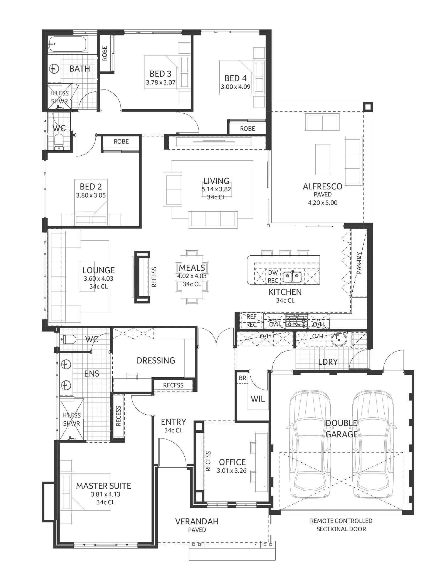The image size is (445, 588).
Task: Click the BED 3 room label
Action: [160, 74]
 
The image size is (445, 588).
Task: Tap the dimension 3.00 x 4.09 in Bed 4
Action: [236, 86]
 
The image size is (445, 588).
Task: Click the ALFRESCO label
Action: [322, 186]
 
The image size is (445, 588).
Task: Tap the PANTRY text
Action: [359, 263]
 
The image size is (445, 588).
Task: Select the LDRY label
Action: [328, 362]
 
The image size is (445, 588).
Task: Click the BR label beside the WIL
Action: [242, 378]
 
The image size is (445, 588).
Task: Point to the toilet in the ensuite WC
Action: [68, 339]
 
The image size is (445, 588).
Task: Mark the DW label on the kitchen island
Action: [273, 273]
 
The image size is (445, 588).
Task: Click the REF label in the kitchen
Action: [251, 317]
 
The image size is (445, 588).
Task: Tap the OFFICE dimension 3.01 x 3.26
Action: [232, 471]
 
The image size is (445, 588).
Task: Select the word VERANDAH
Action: [197, 521]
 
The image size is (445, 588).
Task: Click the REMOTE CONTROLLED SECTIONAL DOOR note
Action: [341, 525]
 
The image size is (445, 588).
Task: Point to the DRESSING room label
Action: [156, 360]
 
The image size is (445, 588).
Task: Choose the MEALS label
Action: [192, 268]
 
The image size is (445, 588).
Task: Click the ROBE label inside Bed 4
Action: [248, 128]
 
